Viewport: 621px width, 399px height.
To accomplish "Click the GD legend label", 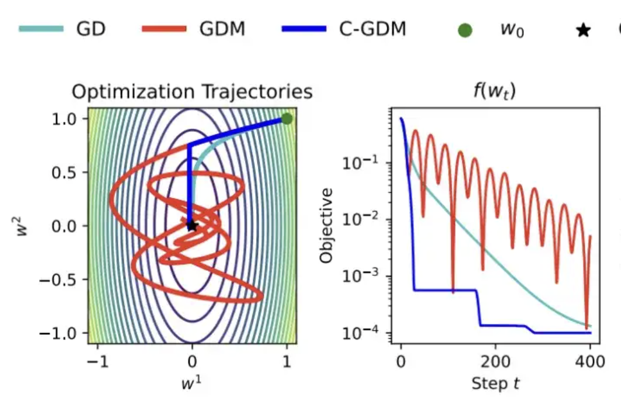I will [90, 29].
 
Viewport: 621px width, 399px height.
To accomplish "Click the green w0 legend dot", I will [465, 30].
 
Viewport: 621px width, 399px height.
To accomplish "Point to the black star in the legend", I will [582, 31].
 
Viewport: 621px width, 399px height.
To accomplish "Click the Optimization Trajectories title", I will [192, 92].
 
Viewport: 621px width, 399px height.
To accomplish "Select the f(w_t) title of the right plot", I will [494, 92].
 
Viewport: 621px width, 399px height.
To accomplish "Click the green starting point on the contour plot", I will [287, 118].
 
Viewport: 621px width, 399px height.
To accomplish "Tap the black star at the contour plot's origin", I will [192, 225].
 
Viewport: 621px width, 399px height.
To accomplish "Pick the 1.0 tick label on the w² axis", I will [68, 119].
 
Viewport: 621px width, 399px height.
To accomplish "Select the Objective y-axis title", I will [327, 225].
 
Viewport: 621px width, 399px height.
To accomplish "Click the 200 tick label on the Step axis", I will [495, 361].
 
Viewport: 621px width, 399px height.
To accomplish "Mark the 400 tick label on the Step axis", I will [590, 361].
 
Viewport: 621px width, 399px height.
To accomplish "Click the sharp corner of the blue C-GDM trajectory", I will [190, 143].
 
